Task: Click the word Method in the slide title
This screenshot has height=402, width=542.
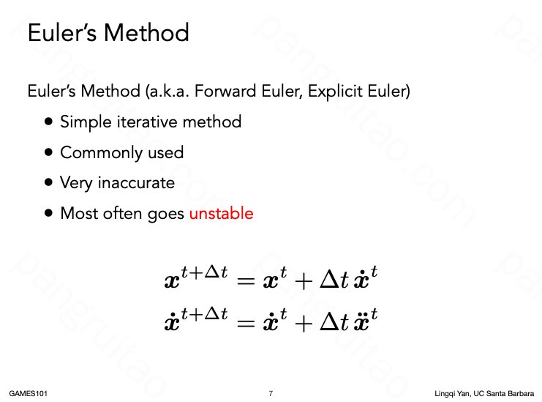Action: [146, 33]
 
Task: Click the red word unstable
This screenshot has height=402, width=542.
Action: [221, 213]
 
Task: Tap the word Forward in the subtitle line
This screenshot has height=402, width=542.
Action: [226, 91]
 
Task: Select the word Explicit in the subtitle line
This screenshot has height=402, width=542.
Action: [335, 92]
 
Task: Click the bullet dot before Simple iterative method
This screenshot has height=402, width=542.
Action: [49, 122]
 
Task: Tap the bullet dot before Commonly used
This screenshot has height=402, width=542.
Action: [49, 152]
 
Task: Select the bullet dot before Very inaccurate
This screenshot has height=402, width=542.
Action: [49, 182]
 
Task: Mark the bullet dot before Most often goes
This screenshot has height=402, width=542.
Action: [49, 213]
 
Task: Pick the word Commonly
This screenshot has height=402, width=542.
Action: [101, 153]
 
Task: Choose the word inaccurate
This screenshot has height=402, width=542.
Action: [136, 182]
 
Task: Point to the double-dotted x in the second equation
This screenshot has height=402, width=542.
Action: [361, 323]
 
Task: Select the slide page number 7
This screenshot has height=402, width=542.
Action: [271, 393]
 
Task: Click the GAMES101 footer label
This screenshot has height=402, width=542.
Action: [28, 393]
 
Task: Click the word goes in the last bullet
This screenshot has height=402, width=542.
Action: [165, 214]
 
